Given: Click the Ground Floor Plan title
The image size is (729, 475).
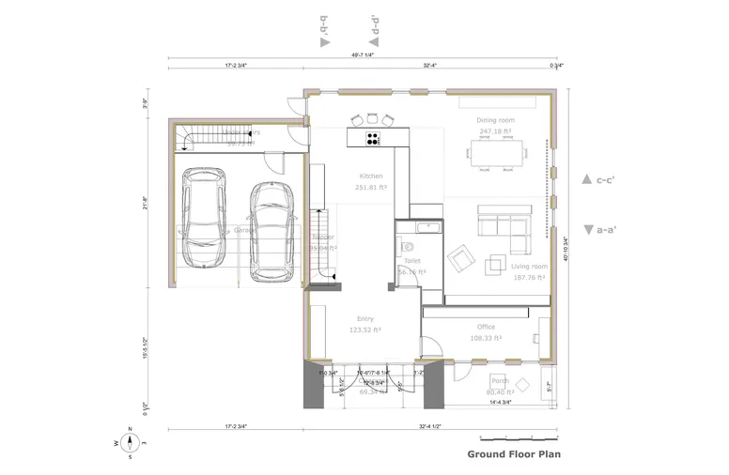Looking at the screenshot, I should point(515,454).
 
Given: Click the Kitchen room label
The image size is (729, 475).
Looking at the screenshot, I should point(371,176).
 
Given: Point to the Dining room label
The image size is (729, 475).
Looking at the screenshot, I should point(495,120).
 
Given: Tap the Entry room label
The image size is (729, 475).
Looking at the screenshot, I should point(365,319).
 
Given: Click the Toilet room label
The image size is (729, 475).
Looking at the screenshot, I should point(412,261).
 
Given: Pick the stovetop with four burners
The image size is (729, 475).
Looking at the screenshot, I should point(372,139).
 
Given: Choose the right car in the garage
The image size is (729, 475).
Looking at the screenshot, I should point(270,231).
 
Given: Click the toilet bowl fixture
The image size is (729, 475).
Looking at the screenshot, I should point(406,245).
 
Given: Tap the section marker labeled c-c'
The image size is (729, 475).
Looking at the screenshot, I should point(598,178).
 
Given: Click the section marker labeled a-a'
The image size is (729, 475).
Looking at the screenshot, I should point(598,228).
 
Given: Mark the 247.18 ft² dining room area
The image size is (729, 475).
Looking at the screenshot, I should point(495,132).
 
